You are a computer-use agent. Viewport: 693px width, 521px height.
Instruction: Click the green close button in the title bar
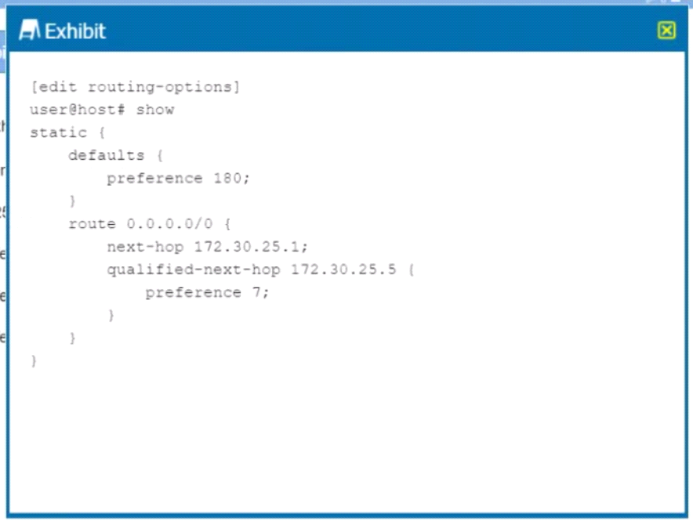click(666, 31)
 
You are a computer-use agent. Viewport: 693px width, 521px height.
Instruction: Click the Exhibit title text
click(75, 31)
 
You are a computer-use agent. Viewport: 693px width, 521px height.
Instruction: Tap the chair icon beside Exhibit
click(29, 30)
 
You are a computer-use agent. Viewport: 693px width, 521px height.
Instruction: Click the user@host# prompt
click(78, 110)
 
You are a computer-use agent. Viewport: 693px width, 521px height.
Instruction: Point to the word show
click(154, 110)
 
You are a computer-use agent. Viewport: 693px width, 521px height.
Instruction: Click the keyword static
click(58, 132)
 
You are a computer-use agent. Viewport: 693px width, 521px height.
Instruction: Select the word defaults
click(106, 155)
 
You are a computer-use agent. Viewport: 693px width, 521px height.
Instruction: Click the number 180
click(227, 179)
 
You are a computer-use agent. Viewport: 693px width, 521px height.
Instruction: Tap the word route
click(92, 224)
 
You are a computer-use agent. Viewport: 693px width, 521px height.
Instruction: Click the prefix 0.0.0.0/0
click(169, 224)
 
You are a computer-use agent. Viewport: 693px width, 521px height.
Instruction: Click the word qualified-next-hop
click(194, 270)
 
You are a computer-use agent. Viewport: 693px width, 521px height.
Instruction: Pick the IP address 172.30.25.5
click(343, 270)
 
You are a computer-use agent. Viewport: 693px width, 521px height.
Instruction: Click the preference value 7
click(257, 292)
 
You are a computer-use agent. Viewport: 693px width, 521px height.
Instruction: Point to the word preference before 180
click(154, 179)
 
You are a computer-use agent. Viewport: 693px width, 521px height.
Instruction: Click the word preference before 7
click(194, 293)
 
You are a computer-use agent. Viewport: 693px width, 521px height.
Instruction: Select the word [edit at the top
click(53, 87)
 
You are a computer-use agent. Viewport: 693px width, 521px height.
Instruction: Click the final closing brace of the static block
click(34, 360)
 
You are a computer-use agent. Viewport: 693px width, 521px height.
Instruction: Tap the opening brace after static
click(102, 132)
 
